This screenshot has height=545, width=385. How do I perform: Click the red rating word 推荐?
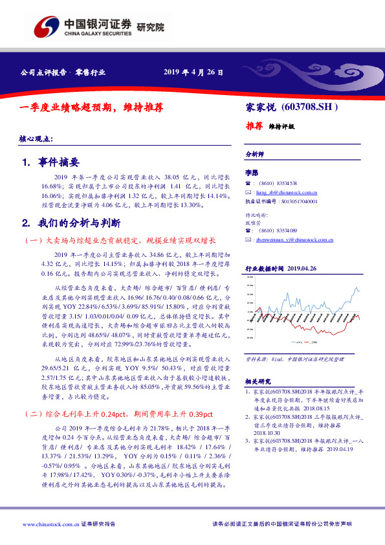tap(254, 127)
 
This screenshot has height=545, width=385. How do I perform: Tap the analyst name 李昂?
tap(251, 173)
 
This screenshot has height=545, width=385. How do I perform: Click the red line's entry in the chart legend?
tap(313, 342)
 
